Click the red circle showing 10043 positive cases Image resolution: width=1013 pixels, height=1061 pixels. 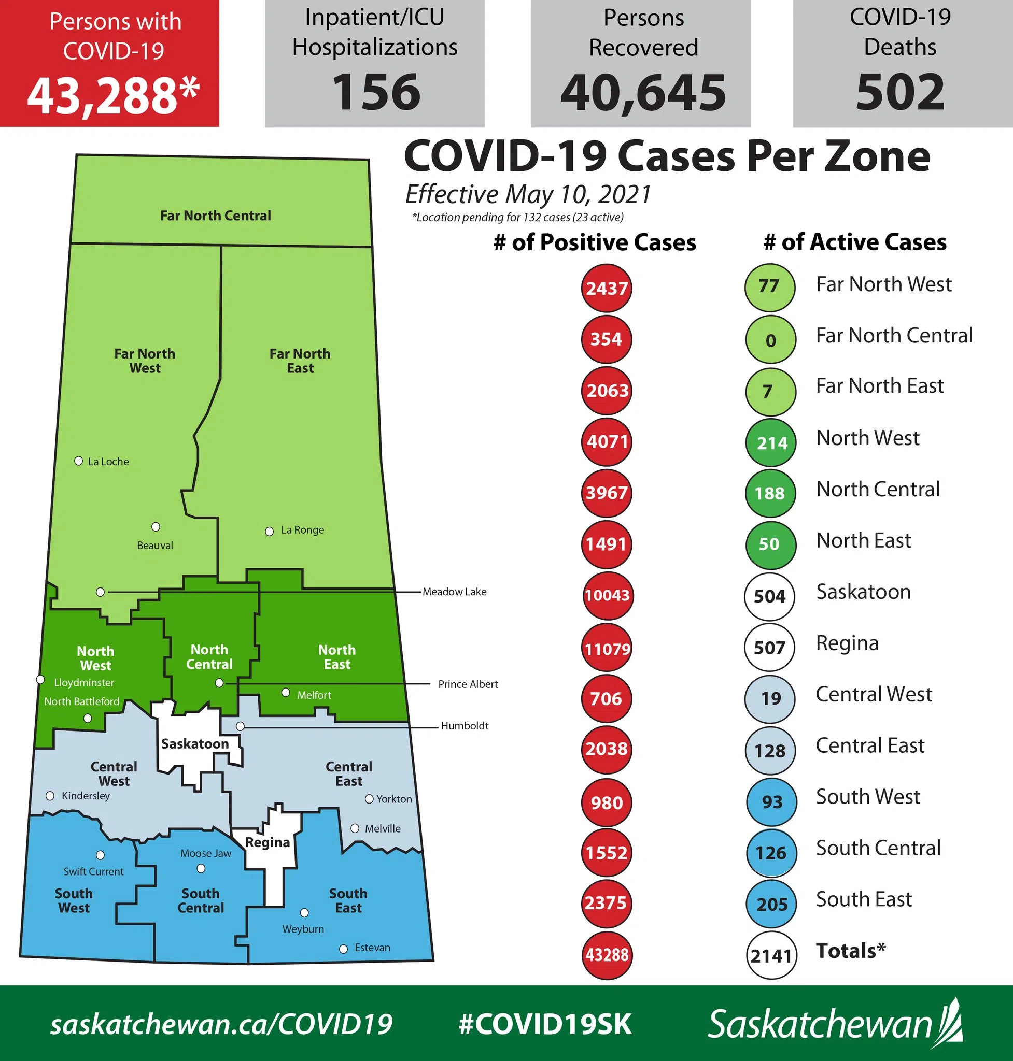click(607, 595)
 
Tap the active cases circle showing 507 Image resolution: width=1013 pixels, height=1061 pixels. click(769, 647)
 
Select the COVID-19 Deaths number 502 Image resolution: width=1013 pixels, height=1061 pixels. click(900, 92)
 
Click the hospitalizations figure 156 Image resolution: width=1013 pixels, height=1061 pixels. click(376, 92)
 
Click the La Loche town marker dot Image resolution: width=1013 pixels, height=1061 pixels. click(78, 461)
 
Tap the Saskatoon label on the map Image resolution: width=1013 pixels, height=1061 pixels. click(195, 743)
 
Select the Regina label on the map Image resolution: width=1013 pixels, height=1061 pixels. click(268, 842)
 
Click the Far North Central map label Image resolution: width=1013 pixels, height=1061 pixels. click(216, 216)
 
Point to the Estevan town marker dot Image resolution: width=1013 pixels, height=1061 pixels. click(343, 949)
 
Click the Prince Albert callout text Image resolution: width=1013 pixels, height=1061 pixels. click(468, 684)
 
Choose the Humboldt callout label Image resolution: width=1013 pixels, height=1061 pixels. click(465, 726)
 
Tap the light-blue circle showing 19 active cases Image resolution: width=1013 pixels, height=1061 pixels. click(770, 699)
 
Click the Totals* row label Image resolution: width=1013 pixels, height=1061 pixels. click(850, 950)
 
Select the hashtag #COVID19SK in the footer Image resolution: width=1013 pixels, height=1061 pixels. click(544, 1024)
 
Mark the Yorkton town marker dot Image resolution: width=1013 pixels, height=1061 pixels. click(369, 799)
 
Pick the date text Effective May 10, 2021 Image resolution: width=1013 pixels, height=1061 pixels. click(528, 194)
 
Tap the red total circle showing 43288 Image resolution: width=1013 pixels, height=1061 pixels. click(607, 955)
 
